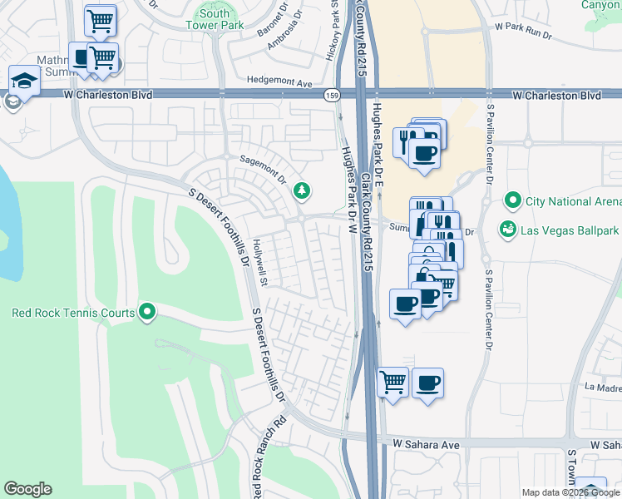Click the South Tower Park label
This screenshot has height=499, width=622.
(x=215, y=19)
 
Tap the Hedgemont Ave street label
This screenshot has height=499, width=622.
(x=279, y=82)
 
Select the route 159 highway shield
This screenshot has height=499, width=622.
(x=331, y=96)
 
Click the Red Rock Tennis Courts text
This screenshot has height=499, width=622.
(x=73, y=314)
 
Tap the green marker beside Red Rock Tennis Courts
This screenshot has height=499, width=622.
(x=148, y=313)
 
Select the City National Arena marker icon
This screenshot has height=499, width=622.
(x=513, y=201)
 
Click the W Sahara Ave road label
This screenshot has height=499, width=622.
(x=427, y=445)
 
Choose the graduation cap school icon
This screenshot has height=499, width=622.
(x=24, y=81)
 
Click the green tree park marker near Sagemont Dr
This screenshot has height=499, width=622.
(x=301, y=191)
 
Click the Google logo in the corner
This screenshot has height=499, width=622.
(x=27, y=489)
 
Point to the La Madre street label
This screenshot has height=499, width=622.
(x=602, y=387)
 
